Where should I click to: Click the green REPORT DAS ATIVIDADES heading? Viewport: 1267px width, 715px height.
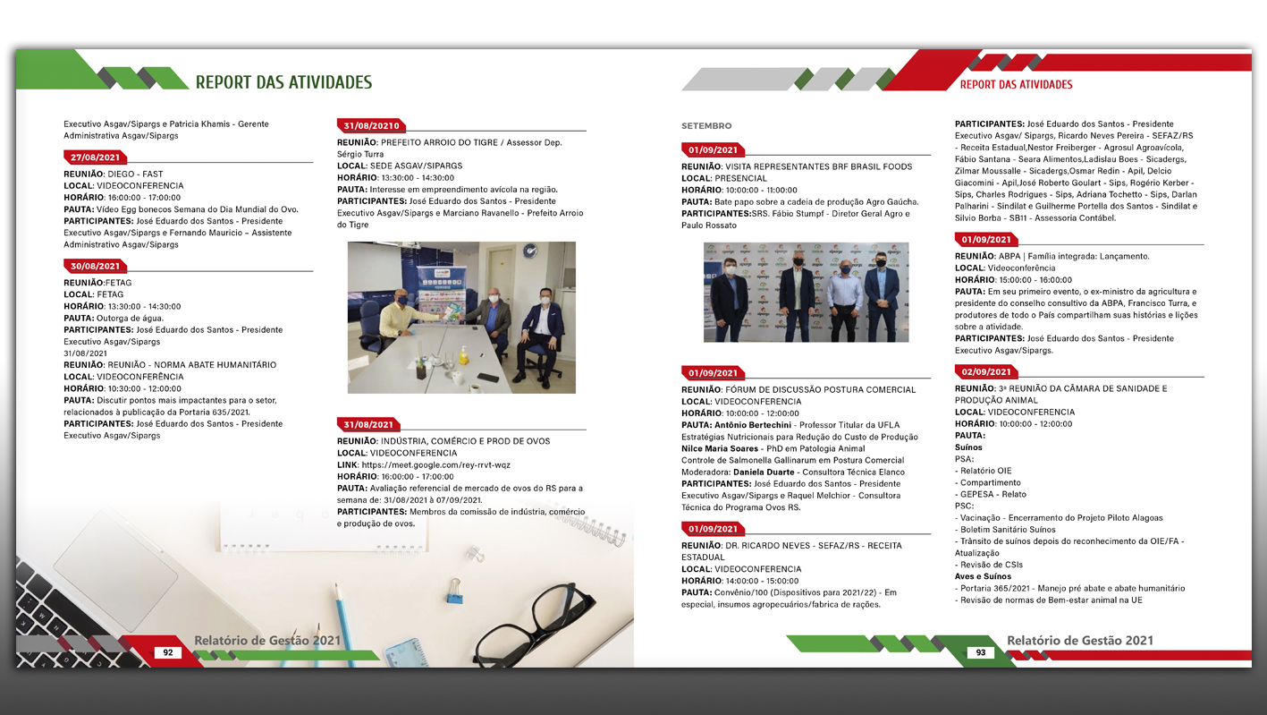coord(283,82)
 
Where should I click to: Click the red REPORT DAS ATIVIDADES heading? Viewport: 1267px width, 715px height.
coord(1016,85)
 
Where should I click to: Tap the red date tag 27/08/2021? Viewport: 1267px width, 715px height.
coord(95,157)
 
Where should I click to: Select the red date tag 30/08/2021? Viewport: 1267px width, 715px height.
coord(95,266)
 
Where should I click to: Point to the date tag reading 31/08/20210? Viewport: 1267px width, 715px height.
coord(371,125)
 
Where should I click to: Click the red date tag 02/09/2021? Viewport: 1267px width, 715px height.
coord(986,371)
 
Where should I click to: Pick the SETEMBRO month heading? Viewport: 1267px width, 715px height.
coord(706,126)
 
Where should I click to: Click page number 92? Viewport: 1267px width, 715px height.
coord(168,653)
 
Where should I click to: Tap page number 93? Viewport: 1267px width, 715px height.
coord(981,653)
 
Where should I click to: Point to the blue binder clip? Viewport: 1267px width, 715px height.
coord(454,591)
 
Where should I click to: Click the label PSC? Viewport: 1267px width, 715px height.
coord(964,506)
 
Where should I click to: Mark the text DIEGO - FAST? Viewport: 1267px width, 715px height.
coord(135,174)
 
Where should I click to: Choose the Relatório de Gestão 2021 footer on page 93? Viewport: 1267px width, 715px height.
coord(1079,641)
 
